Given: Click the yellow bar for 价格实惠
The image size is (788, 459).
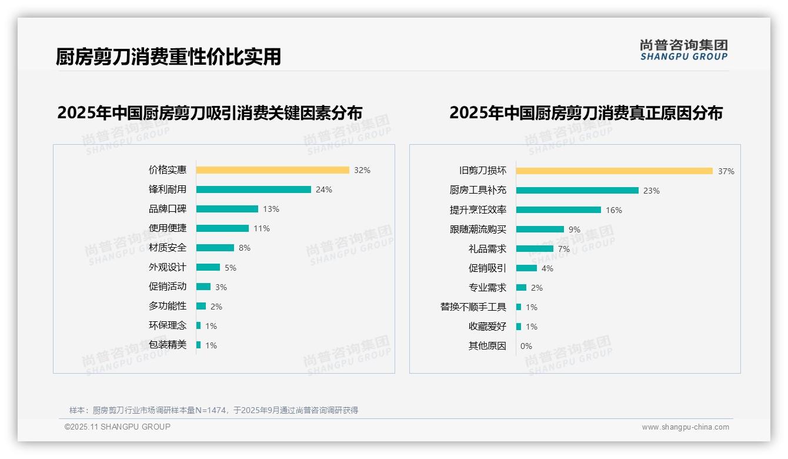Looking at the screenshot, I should click(272, 170).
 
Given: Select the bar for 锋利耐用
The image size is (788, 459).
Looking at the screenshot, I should click(253, 189).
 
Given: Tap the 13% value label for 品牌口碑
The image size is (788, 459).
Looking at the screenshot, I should click(271, 209).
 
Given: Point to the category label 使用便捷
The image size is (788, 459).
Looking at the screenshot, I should click(168, 228).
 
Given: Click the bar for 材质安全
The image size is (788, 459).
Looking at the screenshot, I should click(215, 248).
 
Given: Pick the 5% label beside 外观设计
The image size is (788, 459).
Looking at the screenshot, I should click(231, 268).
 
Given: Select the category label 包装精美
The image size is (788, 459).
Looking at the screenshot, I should click(168, 345).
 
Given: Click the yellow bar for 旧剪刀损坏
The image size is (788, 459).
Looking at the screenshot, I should click(614, 171).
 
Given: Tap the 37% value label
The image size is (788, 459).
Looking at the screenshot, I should click(726, 171).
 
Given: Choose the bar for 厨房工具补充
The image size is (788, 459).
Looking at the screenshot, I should click(577, 191).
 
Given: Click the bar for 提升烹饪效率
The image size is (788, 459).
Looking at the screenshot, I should click(558, 210).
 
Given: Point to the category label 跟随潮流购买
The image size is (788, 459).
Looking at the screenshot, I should click(478, 229).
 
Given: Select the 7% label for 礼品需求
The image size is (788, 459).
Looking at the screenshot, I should click(564, 249).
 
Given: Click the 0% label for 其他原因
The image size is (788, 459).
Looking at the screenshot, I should click(526, 346).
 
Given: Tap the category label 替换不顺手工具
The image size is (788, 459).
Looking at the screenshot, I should click(473, 307).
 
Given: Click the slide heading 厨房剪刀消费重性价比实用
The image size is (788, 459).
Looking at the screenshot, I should click(168, 56).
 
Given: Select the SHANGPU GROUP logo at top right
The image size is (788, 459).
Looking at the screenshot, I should click(683, 50).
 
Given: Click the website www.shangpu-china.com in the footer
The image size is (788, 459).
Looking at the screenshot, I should click(685, 427).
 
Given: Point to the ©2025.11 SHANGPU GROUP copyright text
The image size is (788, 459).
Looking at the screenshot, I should click(118, 427).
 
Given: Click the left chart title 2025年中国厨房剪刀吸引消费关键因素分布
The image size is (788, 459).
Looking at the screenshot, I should click(209, 113).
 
